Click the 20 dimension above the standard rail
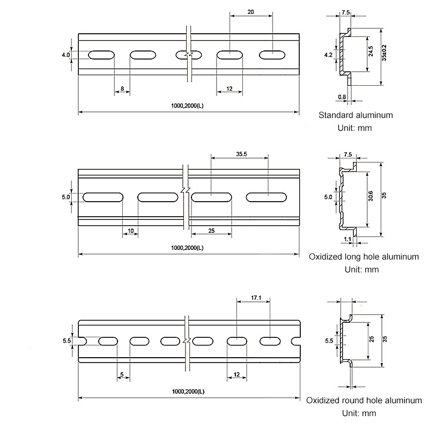251,12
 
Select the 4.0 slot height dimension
66,55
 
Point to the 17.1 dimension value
256,298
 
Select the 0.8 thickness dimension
342,97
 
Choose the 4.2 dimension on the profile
328,54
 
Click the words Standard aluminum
356,115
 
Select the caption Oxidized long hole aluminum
364,257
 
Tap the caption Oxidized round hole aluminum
364,400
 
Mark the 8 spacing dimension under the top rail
122,88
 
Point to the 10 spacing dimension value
130,231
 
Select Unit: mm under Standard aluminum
354,128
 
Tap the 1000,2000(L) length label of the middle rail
188,248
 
